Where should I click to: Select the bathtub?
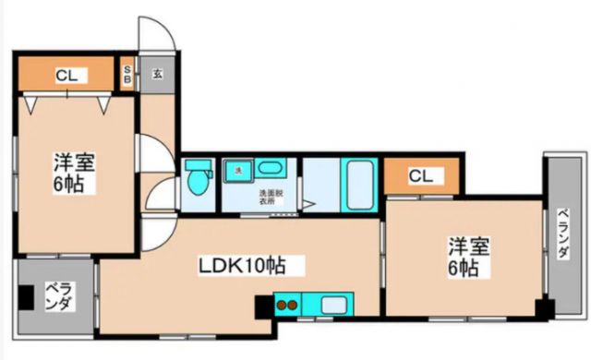[x=356, y=186]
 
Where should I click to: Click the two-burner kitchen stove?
[x=286, y=304]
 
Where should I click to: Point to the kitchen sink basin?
[x=332, y=305]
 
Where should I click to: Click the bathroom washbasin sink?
[x=271, y=169]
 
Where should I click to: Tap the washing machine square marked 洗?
[x=237, y=170]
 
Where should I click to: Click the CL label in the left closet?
[x=65, y=75]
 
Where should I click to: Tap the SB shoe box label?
[x=128, y=74]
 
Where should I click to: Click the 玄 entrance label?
[x=157, y=74]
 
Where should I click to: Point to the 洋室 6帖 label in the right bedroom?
[x=463, y=257]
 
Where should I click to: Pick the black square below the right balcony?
[x=544, y=307]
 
